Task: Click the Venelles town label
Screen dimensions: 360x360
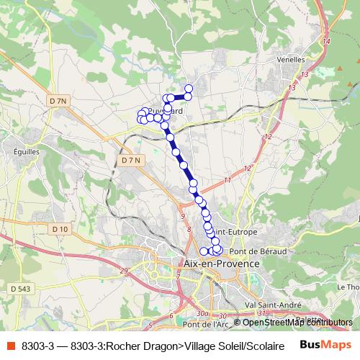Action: pos(294,60)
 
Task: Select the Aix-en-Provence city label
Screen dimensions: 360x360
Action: pos(222,264)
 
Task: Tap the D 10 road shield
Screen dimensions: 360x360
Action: pos(60,229)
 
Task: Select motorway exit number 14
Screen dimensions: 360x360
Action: pos(326,41)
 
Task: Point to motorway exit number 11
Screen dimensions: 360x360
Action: pos(228,179)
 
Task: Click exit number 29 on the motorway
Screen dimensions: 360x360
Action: pos(123,270)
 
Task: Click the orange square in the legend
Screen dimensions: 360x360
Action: pos(10,346)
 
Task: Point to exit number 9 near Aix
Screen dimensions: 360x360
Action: pos(184,216)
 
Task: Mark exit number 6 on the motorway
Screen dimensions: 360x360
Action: pos(171,315)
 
